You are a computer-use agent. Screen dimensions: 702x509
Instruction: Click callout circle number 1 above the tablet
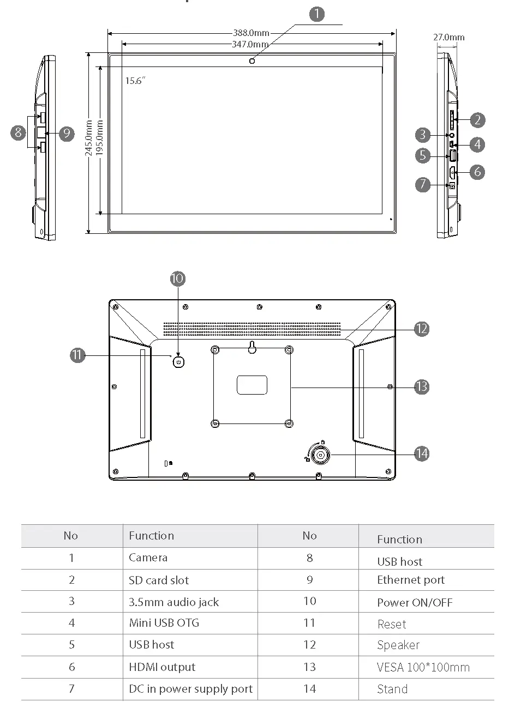pos(317,14)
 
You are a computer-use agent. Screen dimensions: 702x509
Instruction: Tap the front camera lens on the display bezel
pos(252,61)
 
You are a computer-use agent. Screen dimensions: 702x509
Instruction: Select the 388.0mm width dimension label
pos(251,33)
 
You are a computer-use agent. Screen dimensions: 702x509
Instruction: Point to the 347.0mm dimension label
pos(250,44)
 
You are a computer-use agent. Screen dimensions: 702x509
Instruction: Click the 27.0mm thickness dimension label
pos(449,37)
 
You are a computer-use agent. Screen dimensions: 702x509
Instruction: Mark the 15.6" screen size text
pos(135,81)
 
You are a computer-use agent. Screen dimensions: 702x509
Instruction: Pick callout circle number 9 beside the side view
pos(67,133)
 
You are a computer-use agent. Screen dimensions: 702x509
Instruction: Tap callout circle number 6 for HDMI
pos(477,172)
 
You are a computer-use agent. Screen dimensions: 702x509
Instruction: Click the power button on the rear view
pos(178,361)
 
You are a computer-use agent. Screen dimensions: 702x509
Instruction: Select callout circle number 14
pos(421,453)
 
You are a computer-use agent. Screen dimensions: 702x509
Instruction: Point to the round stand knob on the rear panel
pos(321,454)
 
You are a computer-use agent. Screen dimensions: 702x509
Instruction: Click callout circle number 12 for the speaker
pos(421,329)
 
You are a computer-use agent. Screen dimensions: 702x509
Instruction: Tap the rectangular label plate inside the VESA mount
pos(252,384)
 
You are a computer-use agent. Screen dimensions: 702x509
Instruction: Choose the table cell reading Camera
pos(148,558)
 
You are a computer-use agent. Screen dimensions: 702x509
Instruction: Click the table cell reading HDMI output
pos(162,667)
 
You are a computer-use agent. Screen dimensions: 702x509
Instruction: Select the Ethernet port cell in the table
pos(411,580)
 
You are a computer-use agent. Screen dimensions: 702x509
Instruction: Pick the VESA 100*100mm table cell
pos(423,667)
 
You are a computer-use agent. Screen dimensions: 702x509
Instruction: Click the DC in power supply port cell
pos(190,689)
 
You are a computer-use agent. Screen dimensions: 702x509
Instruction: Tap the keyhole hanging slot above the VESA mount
pos(252,347)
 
